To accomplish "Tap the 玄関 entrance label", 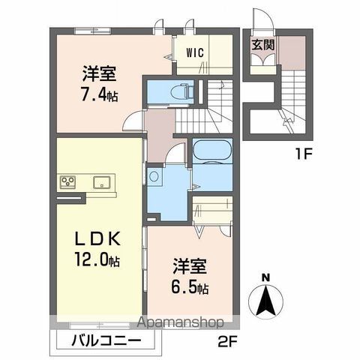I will [x=262, y=43].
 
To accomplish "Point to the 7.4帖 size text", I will [x=100, y=95].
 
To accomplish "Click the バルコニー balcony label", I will [x=106, y=341].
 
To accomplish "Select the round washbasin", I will [x=154, y=177].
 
